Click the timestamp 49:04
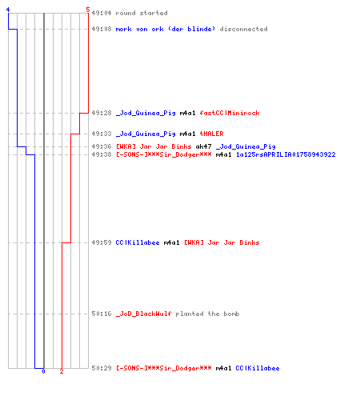pyautogui.click(x=102, y=13)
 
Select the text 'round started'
pyautogui.click(x=142, y=13)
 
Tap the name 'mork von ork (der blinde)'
pyautogui.click(x=166, y=29)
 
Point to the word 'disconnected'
pyautogui.click(x=243, y=29)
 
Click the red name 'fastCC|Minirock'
pyautogui.click(x=230, y=113)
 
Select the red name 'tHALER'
pyautogui.click(x=212, y=134)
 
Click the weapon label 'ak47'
pyautogui.click(x=203, y=146)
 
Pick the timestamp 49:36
pyautogui.click(x=102, y=146)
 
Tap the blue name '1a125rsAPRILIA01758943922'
pyautogui.click(x=286, y=154)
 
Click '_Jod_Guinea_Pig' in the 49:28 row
pyautogui.click(x=146, y=113)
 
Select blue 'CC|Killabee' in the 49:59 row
pyautogui.click(x=138, y=242)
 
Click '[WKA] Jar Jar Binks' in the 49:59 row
pyautogui.click(x=222, y=242)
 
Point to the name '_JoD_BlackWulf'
pyautogui.click(x=143, y=314)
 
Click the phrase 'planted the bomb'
pyautogui.click(x=207, y=314)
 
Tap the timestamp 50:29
pyautogui.click(x=102, y=368)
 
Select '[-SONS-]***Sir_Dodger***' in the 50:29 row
pyautogui.click(x=164, y=368)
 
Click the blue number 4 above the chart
pyautogui.click(x=8, y=10)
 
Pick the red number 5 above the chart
pyautogui.click(x=88, y=10)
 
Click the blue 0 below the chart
pyautogui.click(x=43, y=371)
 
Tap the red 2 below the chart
pyautogui.click(x=62, y=371)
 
